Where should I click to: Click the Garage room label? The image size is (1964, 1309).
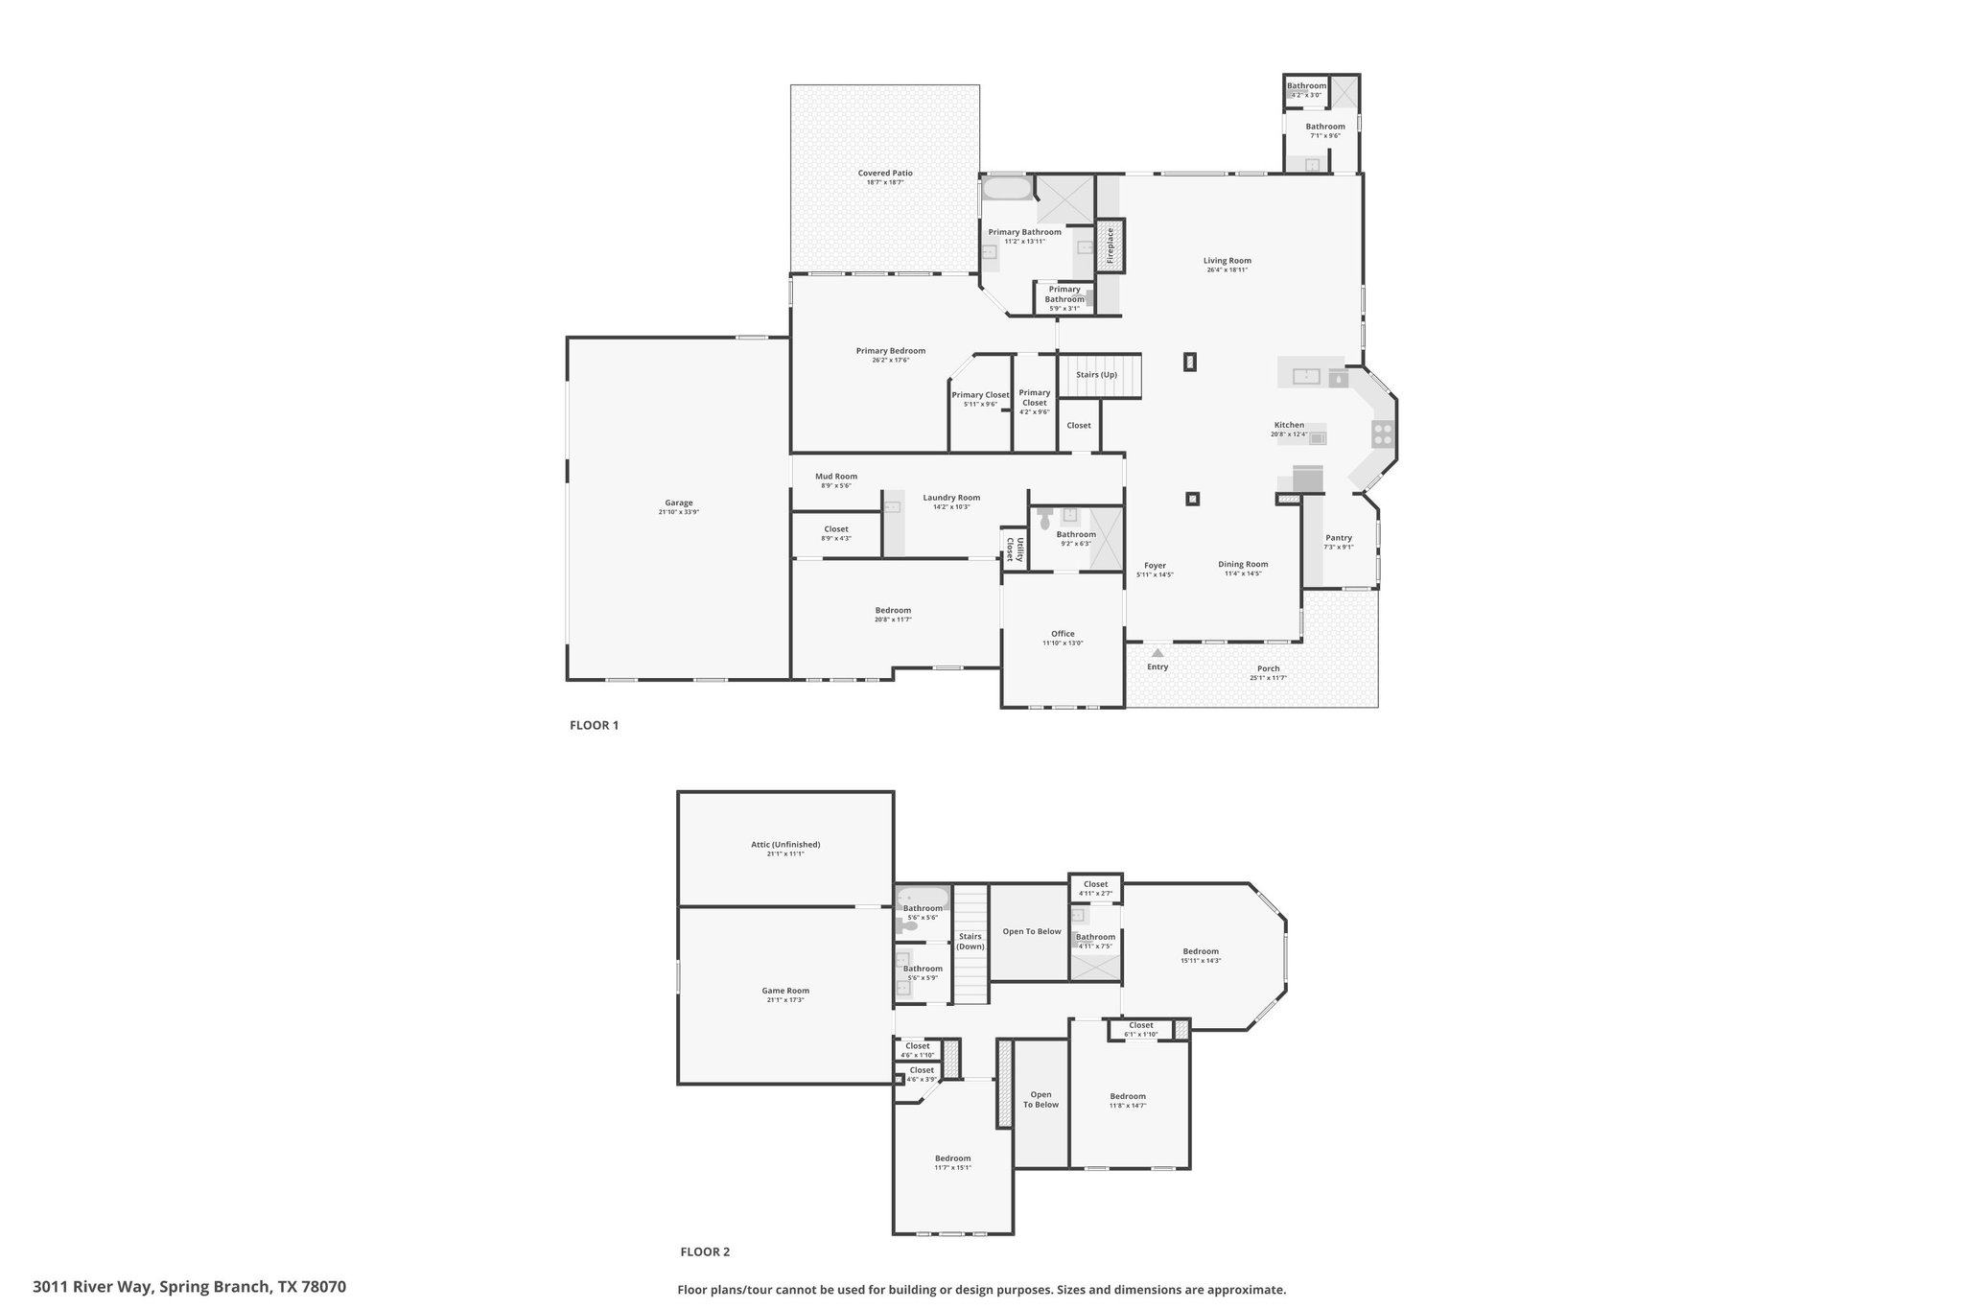(x=678, y=503)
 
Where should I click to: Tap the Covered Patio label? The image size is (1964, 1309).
(x=884, y=174)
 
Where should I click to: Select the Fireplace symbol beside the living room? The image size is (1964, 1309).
(x=1111, y=245)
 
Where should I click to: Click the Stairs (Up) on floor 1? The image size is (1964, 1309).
(x=1097, y=375)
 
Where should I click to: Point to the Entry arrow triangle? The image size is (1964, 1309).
(x=1157, y=653)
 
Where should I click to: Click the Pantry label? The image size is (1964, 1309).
(x=1338, y=538)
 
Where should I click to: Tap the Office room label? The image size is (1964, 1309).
(x=1063, y=634)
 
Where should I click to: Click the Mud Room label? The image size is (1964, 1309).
(x=835, y=477)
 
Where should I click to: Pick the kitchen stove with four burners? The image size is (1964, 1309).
(x=1382, y=433)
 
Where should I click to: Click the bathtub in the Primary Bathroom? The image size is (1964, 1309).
(x=1006, y=188)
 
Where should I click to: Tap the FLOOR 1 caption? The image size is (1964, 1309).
(x=594, y=725)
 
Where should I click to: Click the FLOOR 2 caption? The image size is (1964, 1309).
(x=705, y=1251)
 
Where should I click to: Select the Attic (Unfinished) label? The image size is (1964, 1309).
(x=785, y=845)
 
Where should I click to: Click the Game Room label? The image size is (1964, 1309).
(x=785, y=991)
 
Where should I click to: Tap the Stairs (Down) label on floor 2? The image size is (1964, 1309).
(x=970, y=942)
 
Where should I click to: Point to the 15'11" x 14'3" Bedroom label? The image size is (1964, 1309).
(x=1200, y=951)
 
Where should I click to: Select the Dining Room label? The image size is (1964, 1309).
(x=1243, y=565)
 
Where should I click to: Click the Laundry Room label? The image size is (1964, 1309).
(x=951, y=498)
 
